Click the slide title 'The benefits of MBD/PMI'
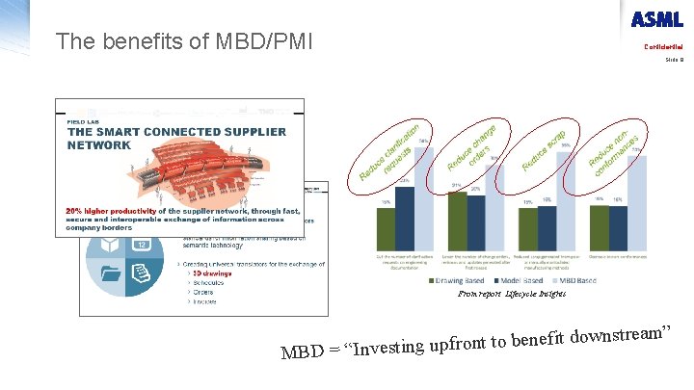[184, 42]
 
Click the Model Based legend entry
[509, 280]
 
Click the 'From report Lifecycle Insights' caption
[511, 293]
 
